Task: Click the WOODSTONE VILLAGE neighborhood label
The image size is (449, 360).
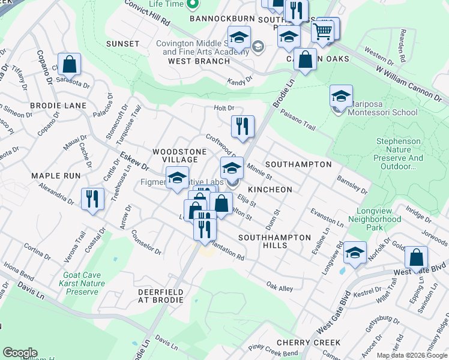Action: coord(175,155)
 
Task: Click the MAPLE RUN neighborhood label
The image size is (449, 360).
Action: coord(55,176)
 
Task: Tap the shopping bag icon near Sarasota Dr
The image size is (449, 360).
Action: coord(70,64)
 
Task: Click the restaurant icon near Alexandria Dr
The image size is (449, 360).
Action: coord(91,199)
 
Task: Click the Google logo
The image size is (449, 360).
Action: coord(20,353)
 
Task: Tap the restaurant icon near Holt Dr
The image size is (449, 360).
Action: coord(243,126)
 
